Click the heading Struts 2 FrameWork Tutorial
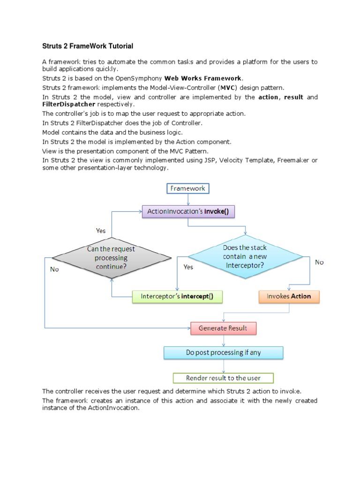(88, 46)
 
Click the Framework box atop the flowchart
(187, 188)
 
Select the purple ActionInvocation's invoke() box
(188, 211)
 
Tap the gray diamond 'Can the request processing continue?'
(111, 258)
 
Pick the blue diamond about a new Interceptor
(245, 256)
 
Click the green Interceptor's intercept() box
(177, 296)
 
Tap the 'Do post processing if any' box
(223, 352)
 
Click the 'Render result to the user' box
(223, 378)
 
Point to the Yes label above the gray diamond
(101, 231)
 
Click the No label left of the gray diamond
(54, 270)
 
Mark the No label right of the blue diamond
(319, 262)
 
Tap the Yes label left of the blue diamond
(188, 267)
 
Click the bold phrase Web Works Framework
(203, 78)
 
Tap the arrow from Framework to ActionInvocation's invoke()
(187, 200)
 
